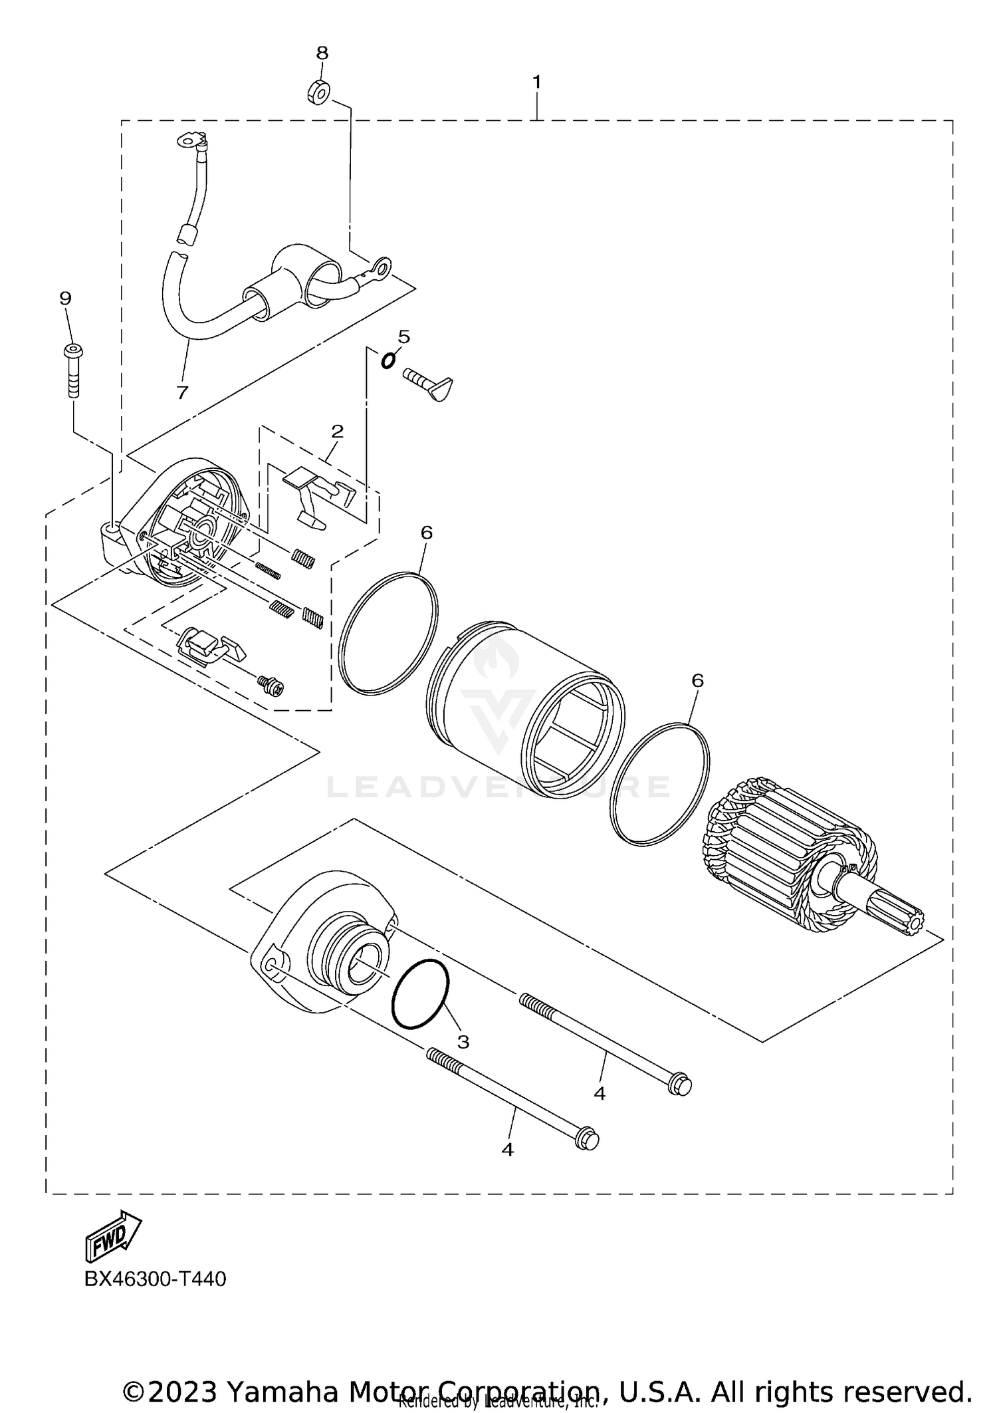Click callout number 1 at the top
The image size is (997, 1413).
(x=536, y=82)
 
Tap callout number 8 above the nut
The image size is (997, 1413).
(x=322, y=53)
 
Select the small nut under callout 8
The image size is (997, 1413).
(x=318, y=92)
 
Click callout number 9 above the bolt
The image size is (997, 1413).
(x=65, y=298)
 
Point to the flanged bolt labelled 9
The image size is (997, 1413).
(x=72, y=369)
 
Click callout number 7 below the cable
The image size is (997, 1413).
(x=182, y=392)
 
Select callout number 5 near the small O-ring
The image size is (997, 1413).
(x=404, y=336)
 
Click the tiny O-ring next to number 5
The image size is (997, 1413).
(x=388, y=360)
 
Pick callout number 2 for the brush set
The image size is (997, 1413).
(x=337, y=431)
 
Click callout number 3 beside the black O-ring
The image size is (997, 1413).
(x=463, y=1041)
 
